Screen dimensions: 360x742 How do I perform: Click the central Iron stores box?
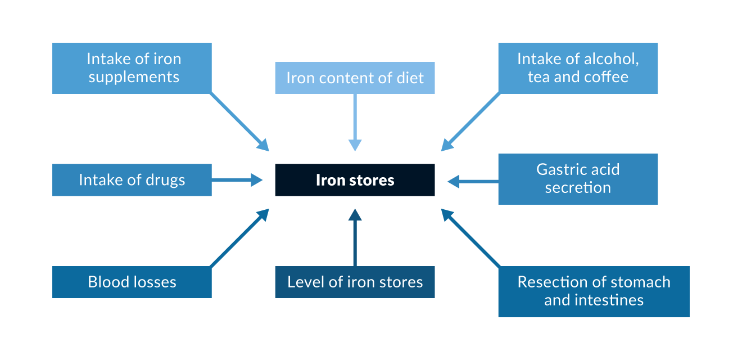click(355, 180)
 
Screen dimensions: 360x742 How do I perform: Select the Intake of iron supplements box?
click(132, 68)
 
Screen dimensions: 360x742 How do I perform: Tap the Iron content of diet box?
click(355, 78)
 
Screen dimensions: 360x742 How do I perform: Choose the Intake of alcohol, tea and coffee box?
click(578, 68)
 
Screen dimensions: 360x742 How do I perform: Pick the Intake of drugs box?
click(132, 180)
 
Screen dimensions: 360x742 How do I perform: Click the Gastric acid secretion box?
click(578, 179)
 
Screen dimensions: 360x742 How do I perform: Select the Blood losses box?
click(132, 282)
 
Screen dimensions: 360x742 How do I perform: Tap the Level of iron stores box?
click(355, 282)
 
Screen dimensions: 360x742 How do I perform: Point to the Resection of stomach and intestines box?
click(594, 291)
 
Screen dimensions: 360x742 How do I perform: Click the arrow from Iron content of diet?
click(355, 121)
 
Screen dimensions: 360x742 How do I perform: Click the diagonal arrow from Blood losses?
click(239, 237)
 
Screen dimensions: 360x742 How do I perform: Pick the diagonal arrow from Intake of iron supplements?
click(239, 122)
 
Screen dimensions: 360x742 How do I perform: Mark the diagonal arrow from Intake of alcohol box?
click(470, 122)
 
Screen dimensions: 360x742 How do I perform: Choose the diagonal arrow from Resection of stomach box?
click(470, 237)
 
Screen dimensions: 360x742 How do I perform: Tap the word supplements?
click(134, 77)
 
